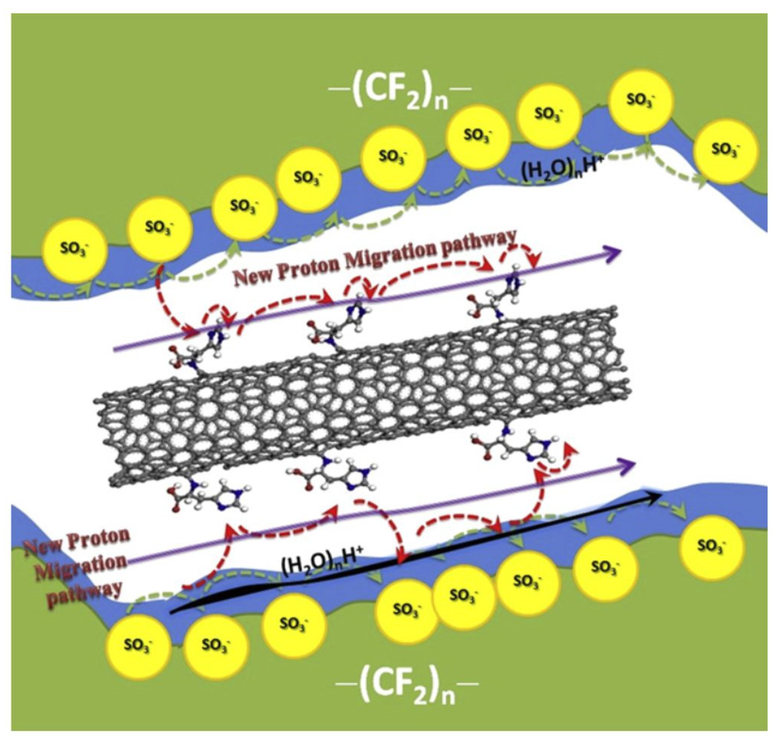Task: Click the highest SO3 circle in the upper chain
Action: coord(642,100)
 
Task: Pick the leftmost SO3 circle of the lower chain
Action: coord(138,645)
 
